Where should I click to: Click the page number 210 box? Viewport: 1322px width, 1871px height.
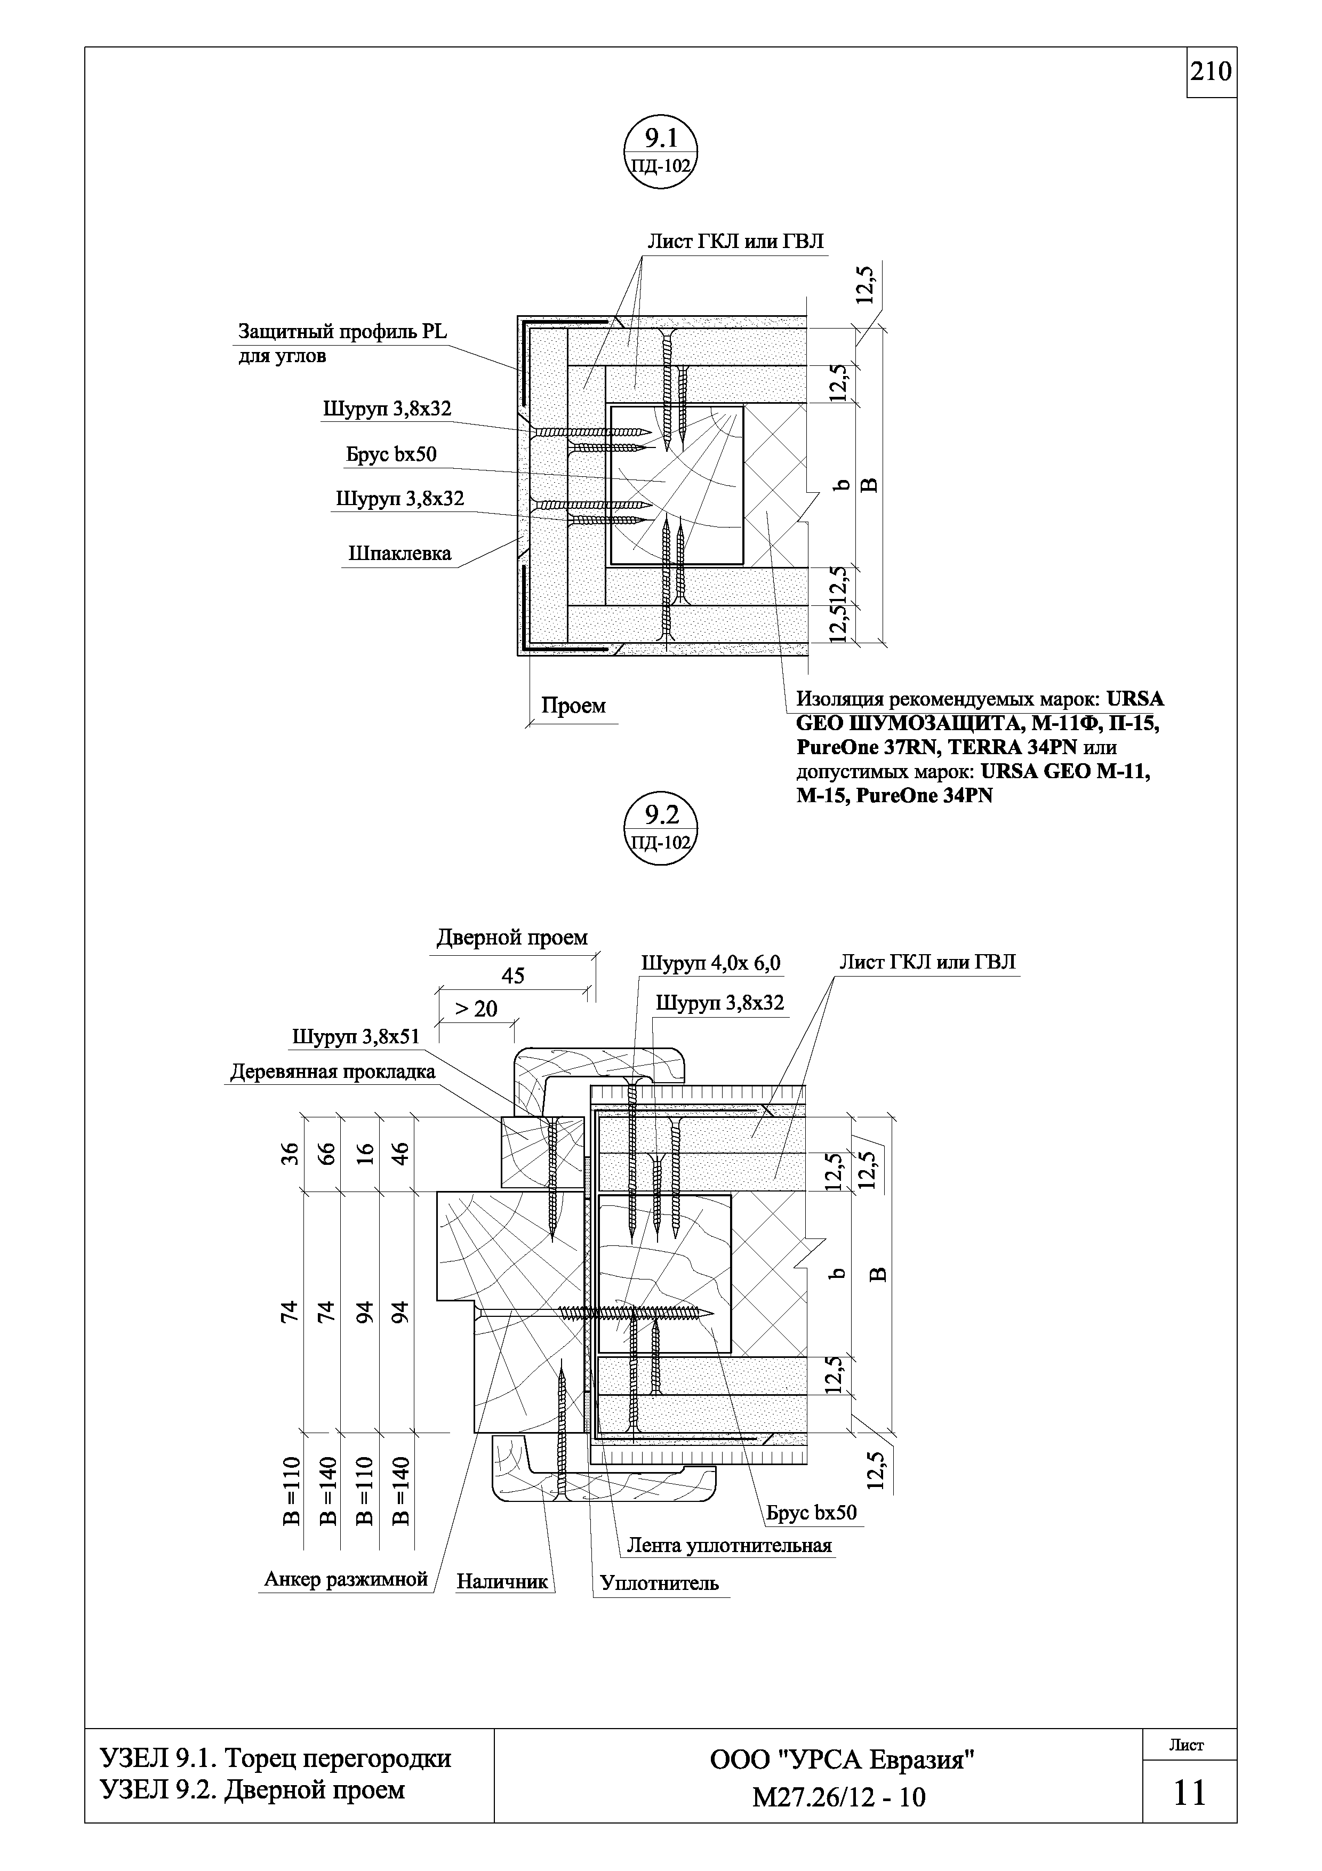click(x=1211, y=73)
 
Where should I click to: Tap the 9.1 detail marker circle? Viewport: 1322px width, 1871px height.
click(x=661, y=155)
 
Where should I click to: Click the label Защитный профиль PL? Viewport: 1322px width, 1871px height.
click(x=342, y=332)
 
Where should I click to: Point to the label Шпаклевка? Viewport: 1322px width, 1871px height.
click(x=399, y=554)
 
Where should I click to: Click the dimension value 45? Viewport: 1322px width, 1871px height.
click(x=512, y=976)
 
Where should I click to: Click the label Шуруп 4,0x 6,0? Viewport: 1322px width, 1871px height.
click(x=710, y=963)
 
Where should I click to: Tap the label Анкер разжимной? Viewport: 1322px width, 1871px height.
click(x=346, y=1579)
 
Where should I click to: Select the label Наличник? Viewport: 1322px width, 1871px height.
click(x=502, y=1582)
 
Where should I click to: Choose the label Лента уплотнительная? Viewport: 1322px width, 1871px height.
click(x=729, y=1546)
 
